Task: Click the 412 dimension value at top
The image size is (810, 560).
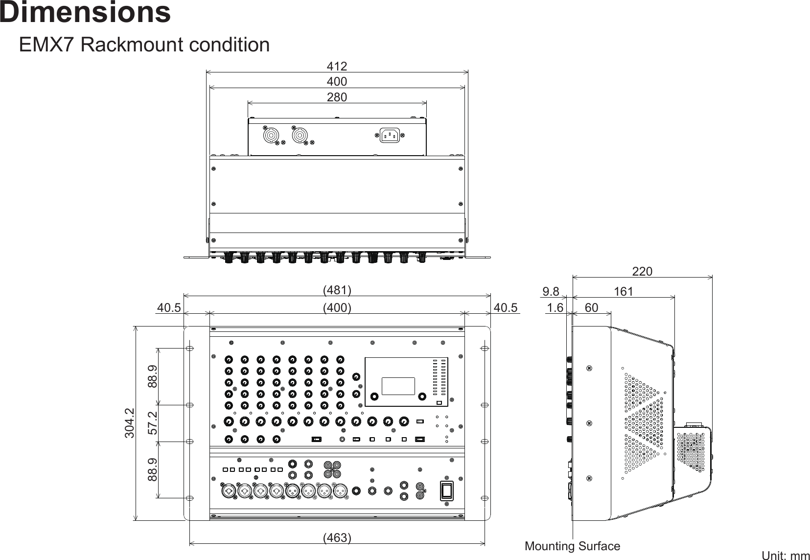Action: [337, 66]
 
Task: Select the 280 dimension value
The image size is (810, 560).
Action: [337, 97]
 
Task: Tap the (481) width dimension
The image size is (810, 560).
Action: [337, 290]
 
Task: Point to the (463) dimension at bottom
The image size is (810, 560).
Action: [337, 537]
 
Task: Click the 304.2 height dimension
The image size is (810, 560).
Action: [129, 423]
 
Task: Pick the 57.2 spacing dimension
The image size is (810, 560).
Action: [153, 423]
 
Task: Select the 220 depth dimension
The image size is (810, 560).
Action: [642, 271]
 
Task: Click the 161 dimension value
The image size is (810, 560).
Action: [623, 292]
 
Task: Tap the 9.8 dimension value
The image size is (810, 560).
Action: [551, 292]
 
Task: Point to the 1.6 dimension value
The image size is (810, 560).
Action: [555, 307]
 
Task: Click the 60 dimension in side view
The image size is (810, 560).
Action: [591, 307]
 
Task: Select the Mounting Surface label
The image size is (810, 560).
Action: [572, 546]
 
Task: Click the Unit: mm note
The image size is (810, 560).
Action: [786, 555]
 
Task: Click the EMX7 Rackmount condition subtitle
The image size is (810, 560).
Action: [144, 45]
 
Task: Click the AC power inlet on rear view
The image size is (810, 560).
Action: [390, 135]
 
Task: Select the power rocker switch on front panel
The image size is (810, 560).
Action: [447, 490]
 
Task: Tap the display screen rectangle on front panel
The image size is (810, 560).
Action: [398, 386]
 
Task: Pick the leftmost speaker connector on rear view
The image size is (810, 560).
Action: [270, 135]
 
